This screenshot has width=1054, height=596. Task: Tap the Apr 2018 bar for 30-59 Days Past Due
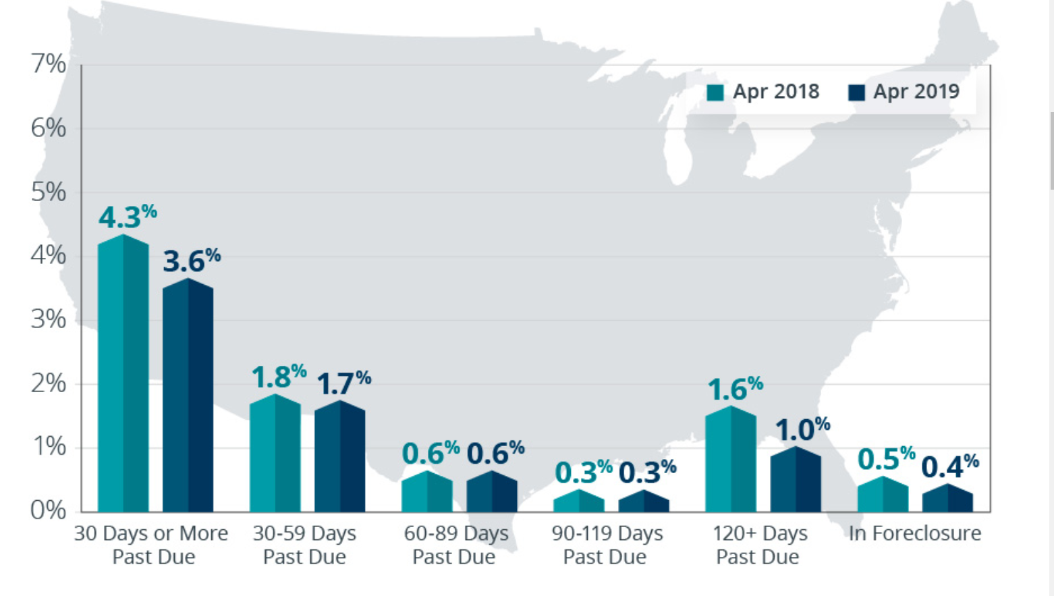[275, 454]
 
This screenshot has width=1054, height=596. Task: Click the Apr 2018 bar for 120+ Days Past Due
[731, 459]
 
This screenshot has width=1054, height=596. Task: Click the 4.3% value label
[128, 217]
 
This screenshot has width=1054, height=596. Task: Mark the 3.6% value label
[192, 261]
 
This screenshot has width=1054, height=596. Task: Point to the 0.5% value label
[886, 459]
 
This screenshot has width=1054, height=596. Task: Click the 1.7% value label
[343, 383]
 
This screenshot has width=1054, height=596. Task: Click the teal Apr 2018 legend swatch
[715, 92]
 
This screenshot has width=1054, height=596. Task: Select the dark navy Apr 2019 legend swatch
[856, 92]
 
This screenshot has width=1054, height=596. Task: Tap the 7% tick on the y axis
[49, 65]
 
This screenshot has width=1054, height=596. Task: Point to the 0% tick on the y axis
[49, 510]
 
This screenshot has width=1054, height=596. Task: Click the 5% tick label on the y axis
[49, 192]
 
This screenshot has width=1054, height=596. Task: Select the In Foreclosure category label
[914, 533]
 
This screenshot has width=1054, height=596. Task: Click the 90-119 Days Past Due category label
[607, 545]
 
